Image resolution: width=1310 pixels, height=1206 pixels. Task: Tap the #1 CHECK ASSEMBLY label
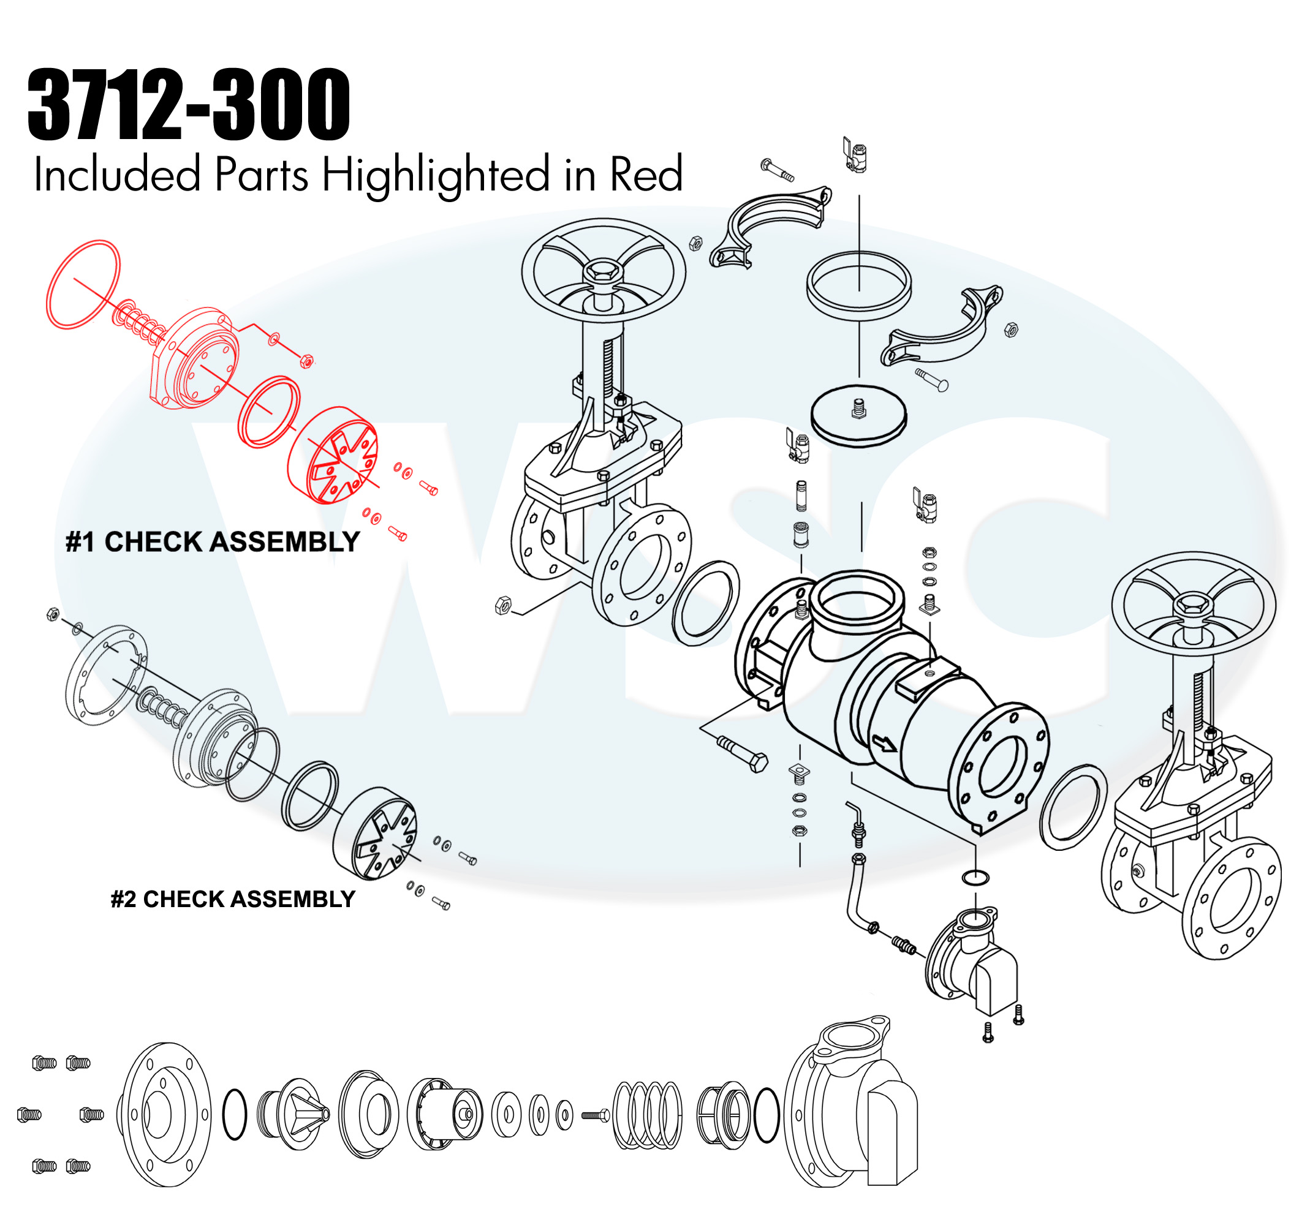pyautogui.click(x=213, y=541)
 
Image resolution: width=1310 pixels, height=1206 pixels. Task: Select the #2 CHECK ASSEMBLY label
pyautogui.click(x=233, y=899)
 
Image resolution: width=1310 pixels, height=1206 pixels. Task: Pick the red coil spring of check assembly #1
pyautogui.click(x=138, y=322)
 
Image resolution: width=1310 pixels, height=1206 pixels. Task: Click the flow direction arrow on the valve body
pyautogui.click(x=884, y=744)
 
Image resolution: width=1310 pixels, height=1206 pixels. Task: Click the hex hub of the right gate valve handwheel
pyautogui.click(x=1194, y=605)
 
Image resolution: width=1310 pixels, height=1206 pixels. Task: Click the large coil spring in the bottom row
pyautogui.click(x=648, y=1115)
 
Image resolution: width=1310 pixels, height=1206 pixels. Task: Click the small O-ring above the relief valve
pyautogui.click(x=976, y=878)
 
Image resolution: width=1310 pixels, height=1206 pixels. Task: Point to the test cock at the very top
pyautogui.click(x=855, y=156)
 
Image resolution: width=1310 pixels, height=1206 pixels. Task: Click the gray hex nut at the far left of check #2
pyautogui.click(x=53, y=614)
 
